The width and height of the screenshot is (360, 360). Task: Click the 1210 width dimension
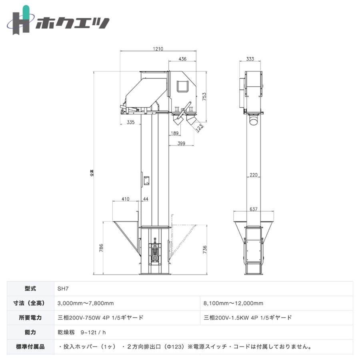pos(158,49)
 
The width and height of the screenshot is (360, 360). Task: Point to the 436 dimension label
pos(182,59)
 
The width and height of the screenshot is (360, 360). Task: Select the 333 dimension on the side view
pos(250,59)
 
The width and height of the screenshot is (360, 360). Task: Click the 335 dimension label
pos(130,122)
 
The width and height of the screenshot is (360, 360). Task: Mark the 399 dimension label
pos(181,143)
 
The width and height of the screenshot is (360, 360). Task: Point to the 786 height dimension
pos(101,248)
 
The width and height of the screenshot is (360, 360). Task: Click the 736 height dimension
pos(205,250)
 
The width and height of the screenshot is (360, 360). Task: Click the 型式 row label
pos(30,288)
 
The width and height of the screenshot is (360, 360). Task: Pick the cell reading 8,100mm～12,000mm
pos(234,303)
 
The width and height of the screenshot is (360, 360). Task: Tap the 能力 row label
pos(30,332)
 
